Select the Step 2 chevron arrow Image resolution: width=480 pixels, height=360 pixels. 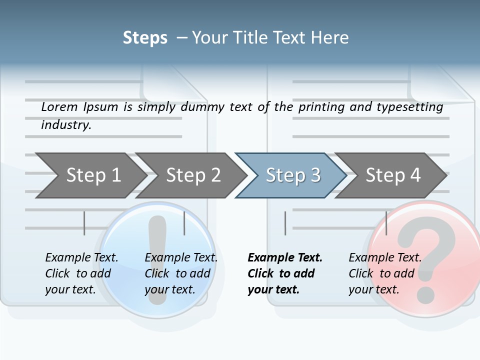click(x=192, y=175)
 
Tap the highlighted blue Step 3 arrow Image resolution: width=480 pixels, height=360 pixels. click(x=292, y=175)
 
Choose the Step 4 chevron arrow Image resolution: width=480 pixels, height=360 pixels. click(x=392, y=175)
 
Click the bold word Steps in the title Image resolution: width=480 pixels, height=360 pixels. click(x=145, y=38)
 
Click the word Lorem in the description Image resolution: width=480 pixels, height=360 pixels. click(x=59, y=106)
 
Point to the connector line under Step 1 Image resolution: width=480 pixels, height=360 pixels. click(x=84, y=223)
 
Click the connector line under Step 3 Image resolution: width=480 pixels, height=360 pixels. click(x=285, y=223)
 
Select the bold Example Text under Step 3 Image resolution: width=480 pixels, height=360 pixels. click(x=285, y=257)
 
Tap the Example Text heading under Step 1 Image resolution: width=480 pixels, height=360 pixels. click(x=81, y=257)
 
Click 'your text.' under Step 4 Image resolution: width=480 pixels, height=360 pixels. click(x=373, y=289)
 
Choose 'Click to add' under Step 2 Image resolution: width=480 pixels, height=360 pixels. click(x=177, y=273)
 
